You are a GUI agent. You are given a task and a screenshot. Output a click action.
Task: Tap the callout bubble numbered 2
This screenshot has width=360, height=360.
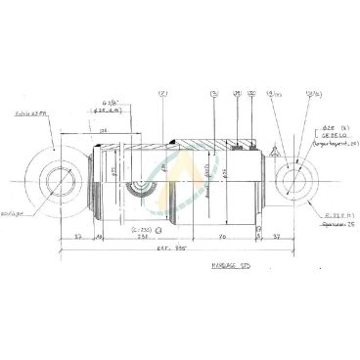pyautogui.click(x=162, y=95)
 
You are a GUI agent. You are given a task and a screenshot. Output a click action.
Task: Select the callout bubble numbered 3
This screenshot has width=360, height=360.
pyautogui.click(x=212, y=95)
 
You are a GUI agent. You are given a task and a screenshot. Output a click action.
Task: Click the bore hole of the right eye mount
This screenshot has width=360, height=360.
pyautogui.click(x=292, y=183)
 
